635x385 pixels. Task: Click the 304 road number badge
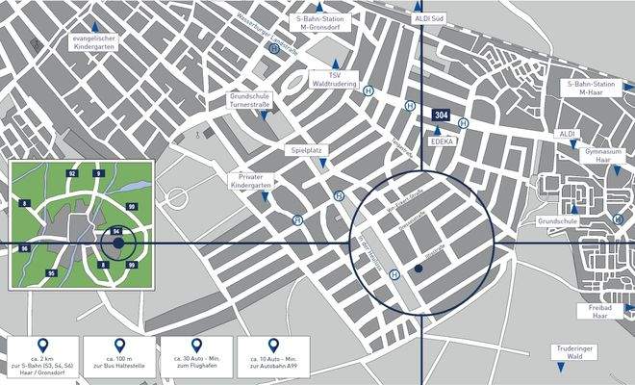click(441, 115)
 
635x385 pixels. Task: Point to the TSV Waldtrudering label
click(336, 80)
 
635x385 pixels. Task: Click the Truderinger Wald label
click(578, 353)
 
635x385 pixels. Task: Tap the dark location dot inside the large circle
click(419, 269)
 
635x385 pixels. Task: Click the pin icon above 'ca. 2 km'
click(41, 345)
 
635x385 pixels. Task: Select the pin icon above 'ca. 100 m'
click(118, 345)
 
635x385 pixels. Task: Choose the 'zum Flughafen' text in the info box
click(195, 368)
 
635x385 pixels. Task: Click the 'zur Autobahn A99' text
click(272, 368)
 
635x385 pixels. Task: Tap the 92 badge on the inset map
click(72, 173)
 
